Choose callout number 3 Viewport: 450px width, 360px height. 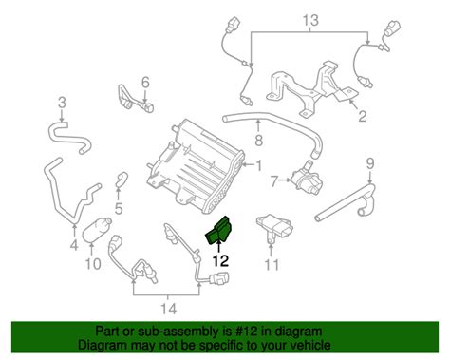click(62, 102)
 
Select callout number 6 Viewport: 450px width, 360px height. click(145, 82)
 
